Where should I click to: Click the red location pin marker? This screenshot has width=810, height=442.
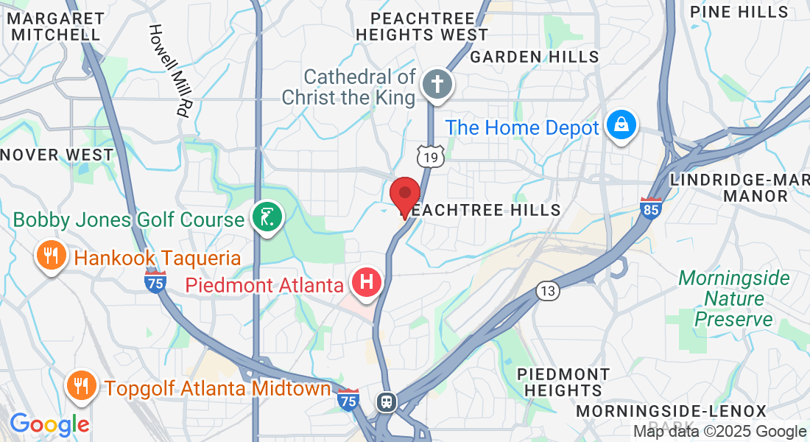point(404,194)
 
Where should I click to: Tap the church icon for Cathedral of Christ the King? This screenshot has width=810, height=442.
point(437,85)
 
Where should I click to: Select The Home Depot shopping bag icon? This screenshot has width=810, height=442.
point(621,126)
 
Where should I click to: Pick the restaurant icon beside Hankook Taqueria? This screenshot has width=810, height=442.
point(51,256)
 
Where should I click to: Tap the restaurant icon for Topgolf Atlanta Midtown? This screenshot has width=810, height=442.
point(82,385)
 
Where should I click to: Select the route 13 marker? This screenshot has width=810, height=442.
point(546,291)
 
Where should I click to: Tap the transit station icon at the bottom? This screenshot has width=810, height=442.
point(386,402)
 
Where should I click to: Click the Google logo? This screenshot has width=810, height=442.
point(49,424)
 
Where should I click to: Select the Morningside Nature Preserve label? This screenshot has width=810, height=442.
point(733,298)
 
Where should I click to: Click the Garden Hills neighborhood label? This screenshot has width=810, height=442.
point(535,57)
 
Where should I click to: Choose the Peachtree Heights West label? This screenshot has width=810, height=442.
point(421,26)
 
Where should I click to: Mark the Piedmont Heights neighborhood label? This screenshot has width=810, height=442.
point(563,382)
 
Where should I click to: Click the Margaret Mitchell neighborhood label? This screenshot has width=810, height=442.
point(56,25)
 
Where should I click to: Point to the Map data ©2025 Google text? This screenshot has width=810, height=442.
point(720,432)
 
